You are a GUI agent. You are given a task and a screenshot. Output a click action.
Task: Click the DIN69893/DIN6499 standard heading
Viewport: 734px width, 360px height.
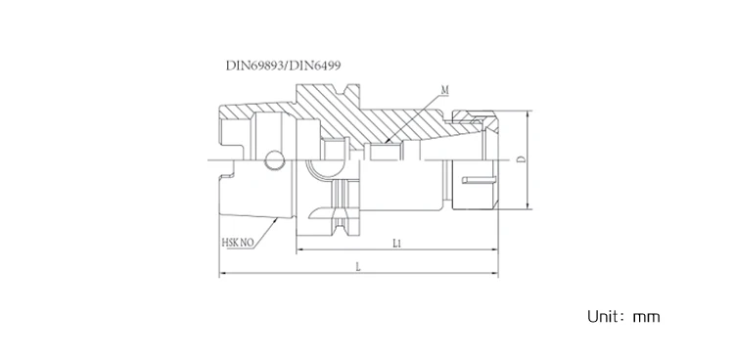(283, 66)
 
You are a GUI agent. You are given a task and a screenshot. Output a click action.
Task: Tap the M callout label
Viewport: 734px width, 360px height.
(444, 90)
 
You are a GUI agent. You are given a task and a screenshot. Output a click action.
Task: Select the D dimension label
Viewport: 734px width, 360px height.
(521, 159)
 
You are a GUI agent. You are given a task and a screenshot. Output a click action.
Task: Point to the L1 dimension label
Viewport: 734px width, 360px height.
(397, 243)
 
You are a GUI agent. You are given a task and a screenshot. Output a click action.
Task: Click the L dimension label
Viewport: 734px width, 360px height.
(358, 267)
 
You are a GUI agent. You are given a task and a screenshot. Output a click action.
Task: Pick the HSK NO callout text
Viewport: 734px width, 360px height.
(238, 243)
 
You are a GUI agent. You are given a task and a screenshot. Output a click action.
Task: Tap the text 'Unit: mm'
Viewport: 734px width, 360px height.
(623, 316)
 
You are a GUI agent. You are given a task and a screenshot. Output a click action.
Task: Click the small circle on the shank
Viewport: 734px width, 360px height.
(275, 160)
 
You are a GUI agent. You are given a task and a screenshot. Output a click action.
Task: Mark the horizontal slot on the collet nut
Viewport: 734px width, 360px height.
(478, 180)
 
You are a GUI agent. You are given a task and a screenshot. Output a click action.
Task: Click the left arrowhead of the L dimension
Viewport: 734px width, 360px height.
(223, 273)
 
